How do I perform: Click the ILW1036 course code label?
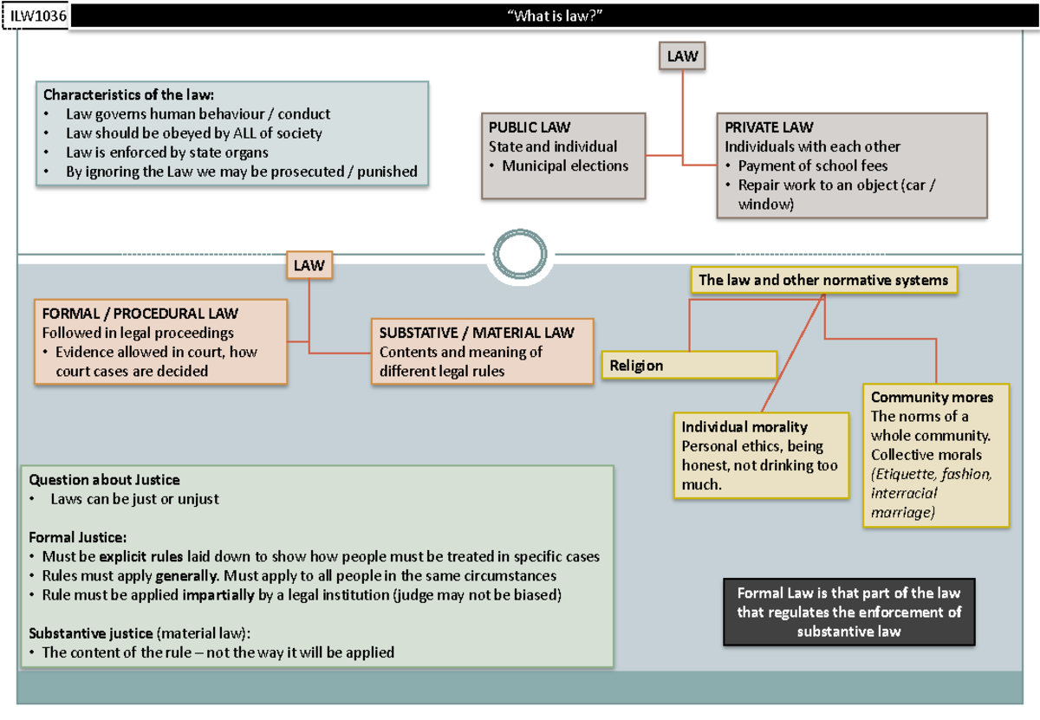pyautogui.click(x=36, y=16)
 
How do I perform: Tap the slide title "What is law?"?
pyautogui.click(x=554, y=16)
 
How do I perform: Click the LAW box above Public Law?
pyautogui.click(x=682, y=56)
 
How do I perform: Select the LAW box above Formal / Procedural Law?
pyautogui.click(x=308, y=265)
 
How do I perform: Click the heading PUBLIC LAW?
pyautogui.click(x=530, y=127)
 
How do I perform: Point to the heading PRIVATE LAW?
pyautogui.click(x=769, y=127)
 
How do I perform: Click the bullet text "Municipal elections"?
pyautogui.click(x=565, y=165)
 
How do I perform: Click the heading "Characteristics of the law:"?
pyautogui.click(x=128, y=94)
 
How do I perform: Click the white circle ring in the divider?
pyautogui.click(x=517, y=255)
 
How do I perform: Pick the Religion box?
pyautogui.click(x=689, y=365)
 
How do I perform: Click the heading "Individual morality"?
pyautogui.click(x=744, y=426)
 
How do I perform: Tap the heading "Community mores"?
pyautogui.click(x=932, y=397)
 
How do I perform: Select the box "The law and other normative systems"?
pyautogui.click(x=823, y=280)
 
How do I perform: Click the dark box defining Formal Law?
pyautogui.click(x=848, y=612)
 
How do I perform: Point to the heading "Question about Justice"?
pyautogui.click(x=104, y=479)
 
